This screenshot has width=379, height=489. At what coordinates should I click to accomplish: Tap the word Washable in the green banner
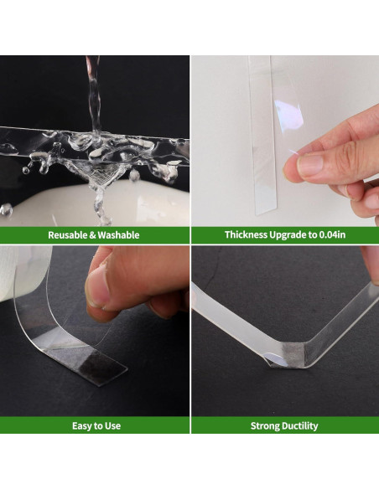point(118,234)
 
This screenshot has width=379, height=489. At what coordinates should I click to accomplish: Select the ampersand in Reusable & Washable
point(93,234)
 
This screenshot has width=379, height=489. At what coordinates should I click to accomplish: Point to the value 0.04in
point(332,234)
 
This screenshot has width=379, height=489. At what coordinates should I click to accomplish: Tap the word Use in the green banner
point(114,426)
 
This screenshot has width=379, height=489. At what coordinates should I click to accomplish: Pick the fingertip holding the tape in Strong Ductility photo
point(371,265)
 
